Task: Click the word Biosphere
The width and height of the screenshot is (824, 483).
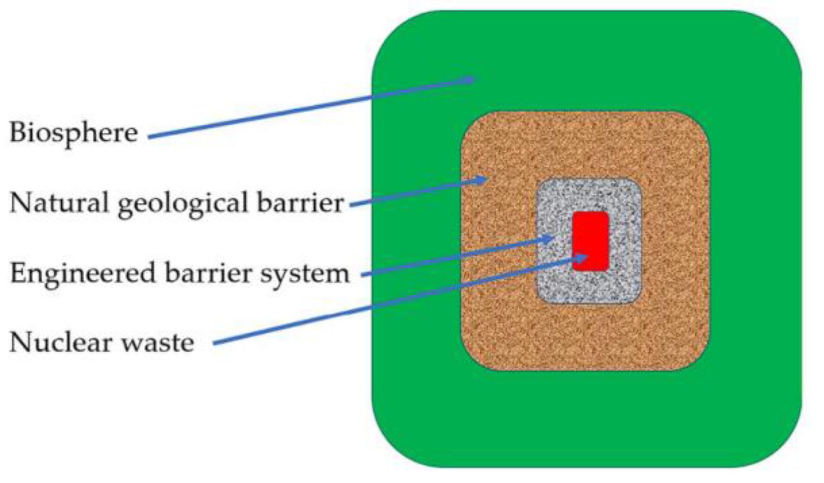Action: [x=73, y=133]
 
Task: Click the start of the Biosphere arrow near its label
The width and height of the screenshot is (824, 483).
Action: [x=149, y=137]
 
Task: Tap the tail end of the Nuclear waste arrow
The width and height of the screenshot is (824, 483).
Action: [x=214, y=344]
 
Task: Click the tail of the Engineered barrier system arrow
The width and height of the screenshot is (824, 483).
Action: [x=363, y=275]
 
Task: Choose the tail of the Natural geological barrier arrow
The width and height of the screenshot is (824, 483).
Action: [x=351, y=206]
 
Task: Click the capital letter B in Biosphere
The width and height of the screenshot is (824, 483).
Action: [x=18, y=132]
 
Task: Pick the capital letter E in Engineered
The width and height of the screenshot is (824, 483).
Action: [x=18, y=273]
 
